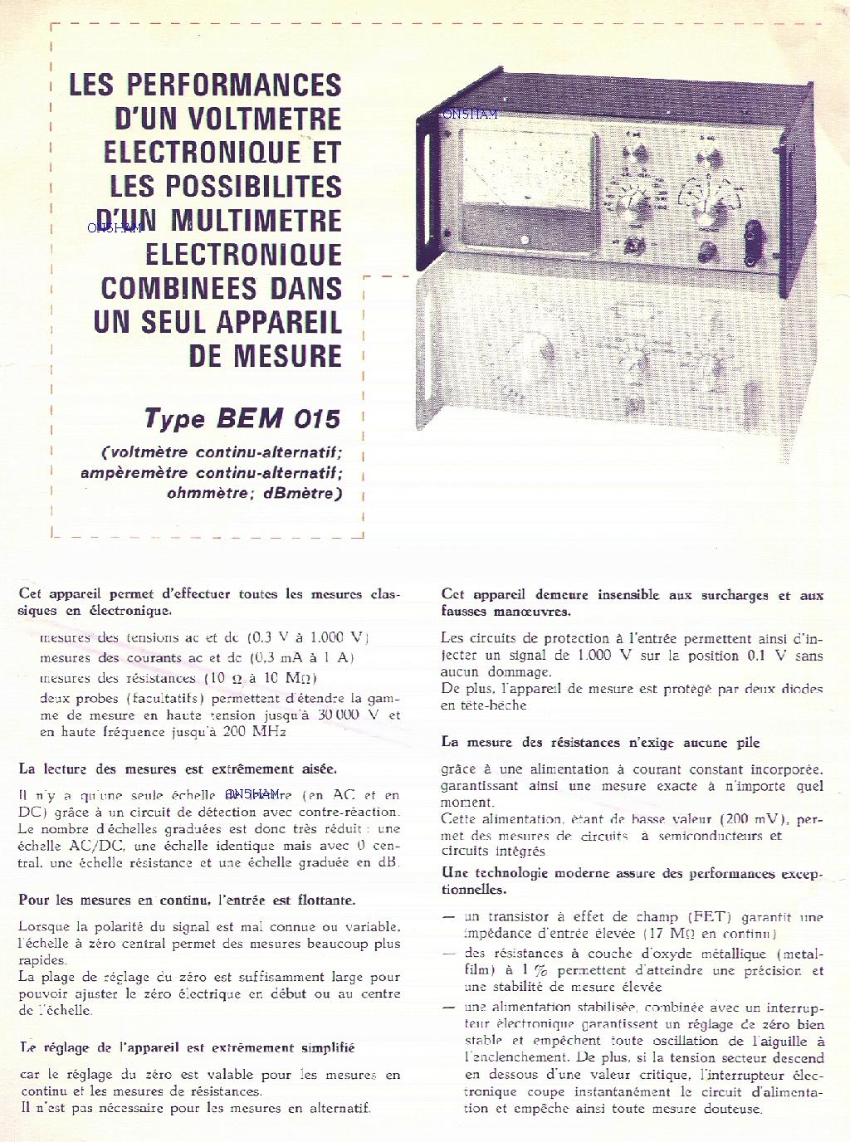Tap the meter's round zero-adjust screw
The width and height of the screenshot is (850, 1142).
point(525,240)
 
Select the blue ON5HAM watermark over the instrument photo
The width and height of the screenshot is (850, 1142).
point(470,115)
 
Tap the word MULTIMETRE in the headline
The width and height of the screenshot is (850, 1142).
point(256,221)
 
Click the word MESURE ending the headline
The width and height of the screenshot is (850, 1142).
point(287,357)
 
